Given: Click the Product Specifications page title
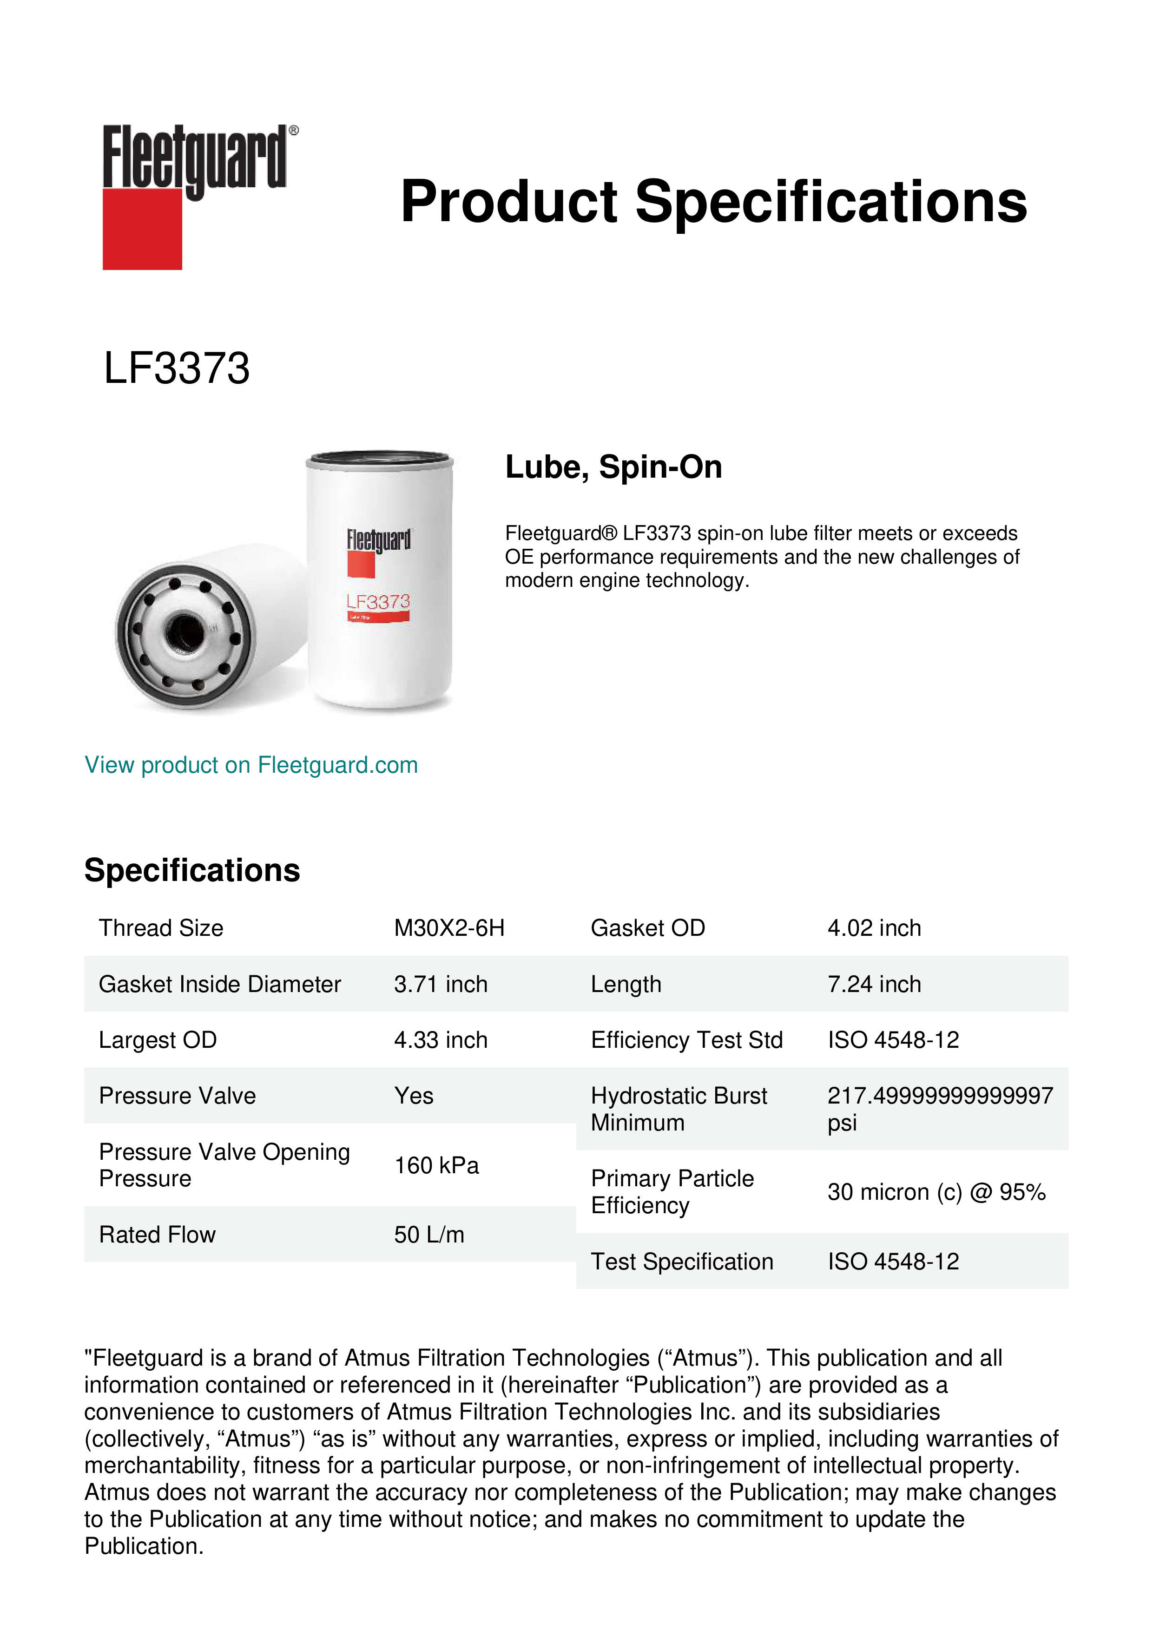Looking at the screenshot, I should pyautogui.click(x=713, y=202).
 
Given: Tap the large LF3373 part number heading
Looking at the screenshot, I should pyautogui.click(x=177, y=368).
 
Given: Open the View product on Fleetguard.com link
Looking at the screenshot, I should pyautogui.click(x=250, y=765).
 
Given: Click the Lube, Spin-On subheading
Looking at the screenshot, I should pyautogui.click(x=613, y=467).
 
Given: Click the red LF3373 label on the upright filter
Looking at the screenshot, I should pyautogui.click(x=378, y=602).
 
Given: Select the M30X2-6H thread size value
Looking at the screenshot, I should pyautogui.click(x=449, y=928).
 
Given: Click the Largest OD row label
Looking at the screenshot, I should pyautogui.click(x=158, y=1039).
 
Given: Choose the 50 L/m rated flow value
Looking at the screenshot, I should pyautogui.click(x=429, y=1235).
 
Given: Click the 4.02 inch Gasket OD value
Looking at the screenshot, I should pyautogui.click(x=874, y=928).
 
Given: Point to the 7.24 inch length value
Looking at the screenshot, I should pyautogui.click(x=874, y=984).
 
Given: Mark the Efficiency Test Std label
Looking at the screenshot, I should pyautogui.click(x=686, y=1039).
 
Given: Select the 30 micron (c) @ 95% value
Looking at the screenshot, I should pyautogui.click(x=936, y=1192).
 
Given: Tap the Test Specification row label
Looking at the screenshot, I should pyautogui.click(x=682, y=1262).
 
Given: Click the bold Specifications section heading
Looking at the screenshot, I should pyautogui.click(x=191, y=870).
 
